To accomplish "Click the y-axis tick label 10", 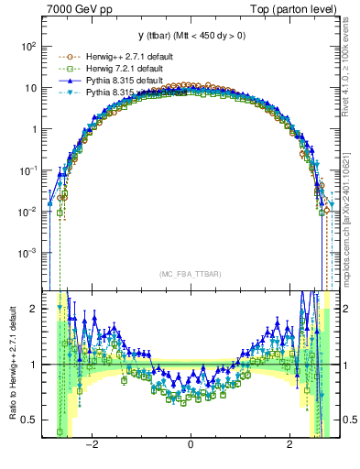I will [29, 88].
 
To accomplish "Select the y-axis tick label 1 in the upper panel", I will [33, 129].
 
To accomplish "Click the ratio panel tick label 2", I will [33, 309].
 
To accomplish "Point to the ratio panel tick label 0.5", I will [29, 420].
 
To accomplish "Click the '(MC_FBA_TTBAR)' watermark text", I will [191, 274].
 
